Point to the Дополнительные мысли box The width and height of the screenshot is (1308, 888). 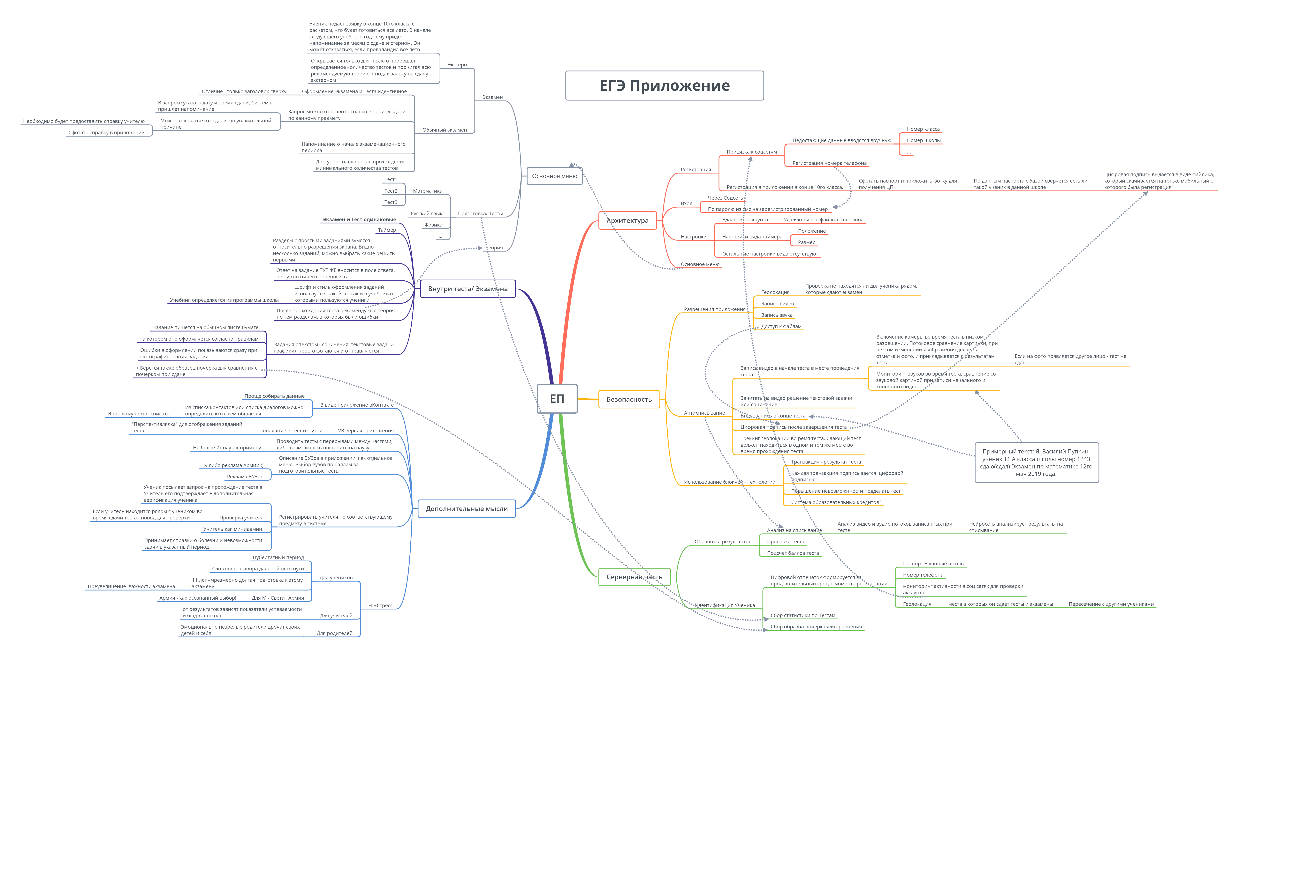click(467, 509)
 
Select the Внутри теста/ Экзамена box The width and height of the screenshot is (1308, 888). click(468, 289)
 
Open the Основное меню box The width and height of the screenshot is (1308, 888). click(554, 176)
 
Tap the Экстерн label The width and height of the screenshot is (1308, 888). click(457, 65)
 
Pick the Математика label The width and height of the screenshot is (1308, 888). click(427, 191)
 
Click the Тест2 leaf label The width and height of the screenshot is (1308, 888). click(391, 191)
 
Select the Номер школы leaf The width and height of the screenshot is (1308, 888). click(923, 141)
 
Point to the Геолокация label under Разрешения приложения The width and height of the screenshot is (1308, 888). click(775, 292)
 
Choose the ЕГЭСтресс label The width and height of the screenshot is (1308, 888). click(380, 606)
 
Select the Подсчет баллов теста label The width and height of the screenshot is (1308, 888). click(792, 554)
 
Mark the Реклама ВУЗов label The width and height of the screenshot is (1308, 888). click(245, 477)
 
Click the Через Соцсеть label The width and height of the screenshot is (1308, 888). click(725, 198)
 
